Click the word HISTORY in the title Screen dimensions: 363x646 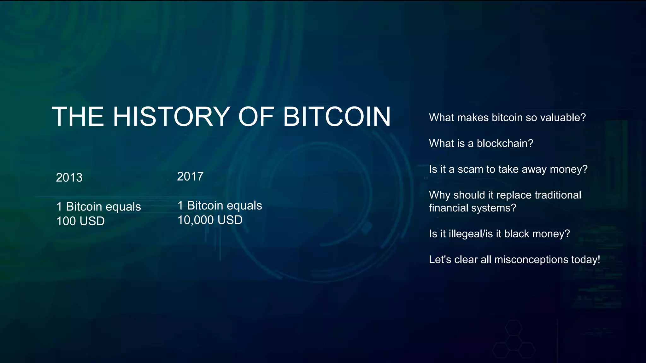[171, 117]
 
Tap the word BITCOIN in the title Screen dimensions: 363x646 [337, 117]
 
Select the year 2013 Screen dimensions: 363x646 [69, 178]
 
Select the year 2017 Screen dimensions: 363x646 [190, 176]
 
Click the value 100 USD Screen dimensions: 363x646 [80, 221]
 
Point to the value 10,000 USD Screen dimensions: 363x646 [210, 220]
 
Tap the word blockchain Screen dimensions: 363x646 [505, 143]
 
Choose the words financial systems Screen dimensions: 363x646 [472, 208]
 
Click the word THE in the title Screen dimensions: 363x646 [78, 117]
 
